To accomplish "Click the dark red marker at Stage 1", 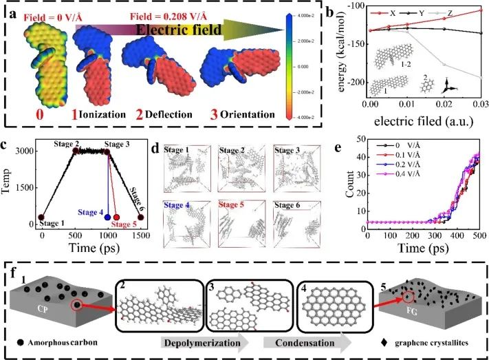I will (41, 218).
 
